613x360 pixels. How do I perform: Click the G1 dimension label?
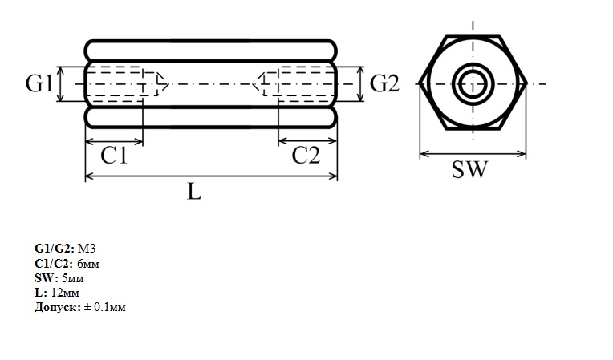tap(39, 83)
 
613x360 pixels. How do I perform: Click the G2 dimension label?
tap(384, 83)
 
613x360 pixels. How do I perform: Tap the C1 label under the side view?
tap(114, 155)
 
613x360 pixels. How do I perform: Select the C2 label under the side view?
tap(306, 155)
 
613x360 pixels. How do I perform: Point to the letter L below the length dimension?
tap(194, 192)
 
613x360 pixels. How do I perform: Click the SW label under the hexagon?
tap(470, 169)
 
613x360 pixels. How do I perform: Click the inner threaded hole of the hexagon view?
tap(473, 83)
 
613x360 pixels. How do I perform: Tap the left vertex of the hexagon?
tap(420, 83)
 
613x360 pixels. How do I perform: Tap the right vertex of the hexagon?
tap(526, 83)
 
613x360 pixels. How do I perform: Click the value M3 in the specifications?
tap(87, 249)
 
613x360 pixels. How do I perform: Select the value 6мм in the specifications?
tap(88, 264)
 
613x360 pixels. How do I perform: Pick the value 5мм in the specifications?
tap(73, 278)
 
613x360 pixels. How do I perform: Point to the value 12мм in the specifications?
tap(65, 293)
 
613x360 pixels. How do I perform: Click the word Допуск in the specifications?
tap(58, 307)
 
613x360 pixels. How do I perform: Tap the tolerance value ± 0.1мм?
tap(105, 307)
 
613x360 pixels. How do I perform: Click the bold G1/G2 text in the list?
tap(55, 249)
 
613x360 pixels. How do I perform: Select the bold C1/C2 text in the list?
tap(54, 264)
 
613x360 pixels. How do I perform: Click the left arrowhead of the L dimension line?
tap(90, 176)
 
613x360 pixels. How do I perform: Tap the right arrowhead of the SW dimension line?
tap(522, 153)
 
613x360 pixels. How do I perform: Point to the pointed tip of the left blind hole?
tap(168, 83)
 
